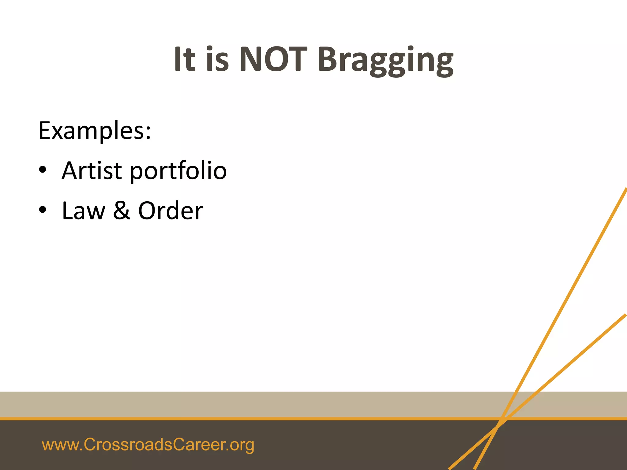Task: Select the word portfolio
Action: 178,171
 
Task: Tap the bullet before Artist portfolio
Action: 43,170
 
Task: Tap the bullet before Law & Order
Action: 43,210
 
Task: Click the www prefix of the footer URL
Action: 60,445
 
